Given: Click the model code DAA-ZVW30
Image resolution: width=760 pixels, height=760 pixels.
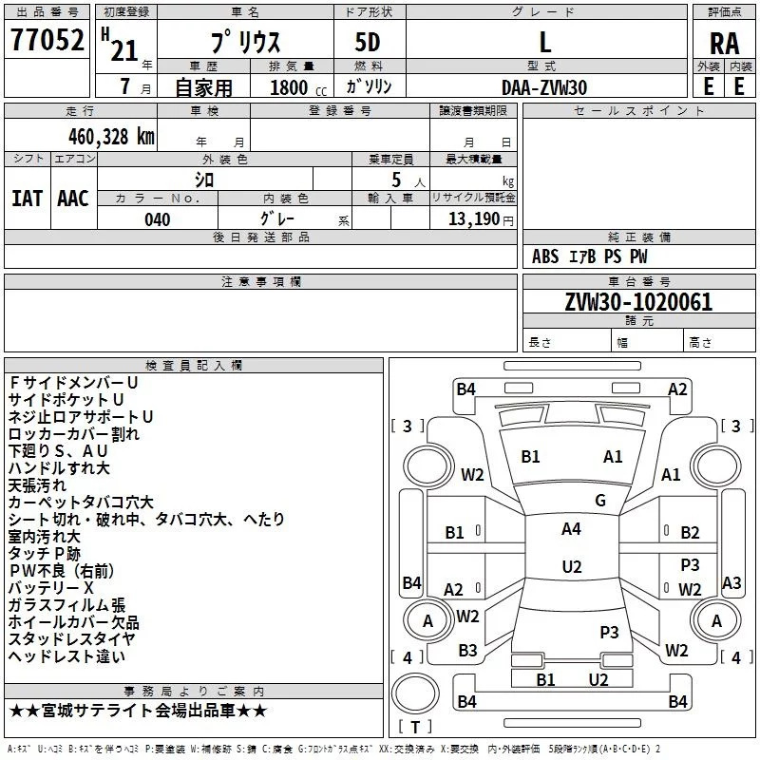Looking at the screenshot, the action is (544, 87).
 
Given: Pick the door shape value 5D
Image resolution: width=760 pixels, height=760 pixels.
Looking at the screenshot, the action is (368, 42).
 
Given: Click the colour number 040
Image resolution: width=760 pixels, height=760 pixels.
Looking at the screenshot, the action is (158, 220).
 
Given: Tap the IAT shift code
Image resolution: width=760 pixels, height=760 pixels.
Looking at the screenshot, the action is (27, 199).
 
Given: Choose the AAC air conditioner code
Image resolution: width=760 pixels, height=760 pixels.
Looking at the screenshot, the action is (73, 199).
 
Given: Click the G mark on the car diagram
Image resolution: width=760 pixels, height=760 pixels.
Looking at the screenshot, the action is (600, 501).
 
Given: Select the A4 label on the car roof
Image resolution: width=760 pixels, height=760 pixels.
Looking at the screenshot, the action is (571, 529).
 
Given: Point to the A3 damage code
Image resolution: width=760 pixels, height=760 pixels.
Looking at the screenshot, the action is (731, 583).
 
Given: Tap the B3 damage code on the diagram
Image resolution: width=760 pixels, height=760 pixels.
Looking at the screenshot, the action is (467, 651).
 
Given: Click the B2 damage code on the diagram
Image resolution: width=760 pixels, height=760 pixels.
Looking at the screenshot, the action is (690, 533).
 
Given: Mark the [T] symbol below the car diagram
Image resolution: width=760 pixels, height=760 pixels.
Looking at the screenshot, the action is (416, 728).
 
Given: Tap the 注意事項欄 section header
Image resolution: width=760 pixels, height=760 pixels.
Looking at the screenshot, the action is (261, 282).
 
